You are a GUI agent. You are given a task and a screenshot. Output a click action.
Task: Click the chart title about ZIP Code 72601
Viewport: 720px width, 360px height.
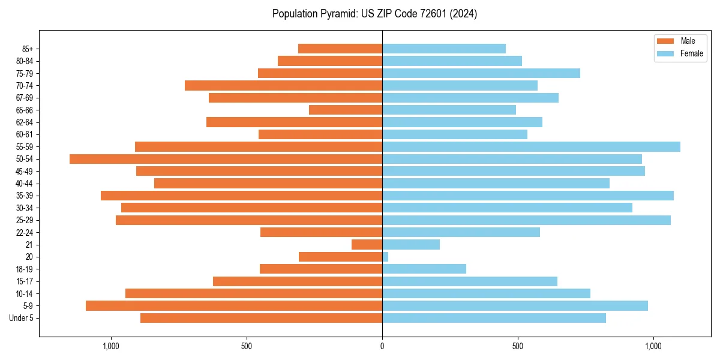[x=374, y=14]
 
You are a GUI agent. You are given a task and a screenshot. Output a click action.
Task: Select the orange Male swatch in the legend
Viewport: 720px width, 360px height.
[x=666, y=41]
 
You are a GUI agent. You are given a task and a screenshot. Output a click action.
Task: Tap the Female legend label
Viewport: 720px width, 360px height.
[x=691, y=53]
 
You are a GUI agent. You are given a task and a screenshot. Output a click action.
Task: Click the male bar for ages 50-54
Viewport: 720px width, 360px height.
[x=226, y=159]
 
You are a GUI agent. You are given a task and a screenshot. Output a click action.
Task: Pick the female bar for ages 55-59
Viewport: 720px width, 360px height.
[x=531, y=146]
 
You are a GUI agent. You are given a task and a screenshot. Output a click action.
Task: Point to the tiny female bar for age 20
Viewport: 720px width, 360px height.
[x=385, y=257]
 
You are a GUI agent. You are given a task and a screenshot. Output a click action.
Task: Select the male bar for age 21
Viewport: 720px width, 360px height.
[x=367, y=245]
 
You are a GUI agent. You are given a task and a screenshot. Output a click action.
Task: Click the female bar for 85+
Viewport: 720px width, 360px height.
[x=444, y=49]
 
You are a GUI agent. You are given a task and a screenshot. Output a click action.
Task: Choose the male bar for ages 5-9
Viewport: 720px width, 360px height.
[x=234, y=306]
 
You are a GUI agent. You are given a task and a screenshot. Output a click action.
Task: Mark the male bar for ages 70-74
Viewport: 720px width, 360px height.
[x=283, y=85]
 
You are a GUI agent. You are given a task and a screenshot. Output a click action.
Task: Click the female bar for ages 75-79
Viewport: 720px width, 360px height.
[x=481, y=73]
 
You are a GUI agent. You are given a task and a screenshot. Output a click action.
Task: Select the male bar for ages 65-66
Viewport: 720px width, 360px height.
[x=346, y=110]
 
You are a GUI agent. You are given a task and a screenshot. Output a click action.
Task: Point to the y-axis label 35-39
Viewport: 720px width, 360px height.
[x=25, y=196]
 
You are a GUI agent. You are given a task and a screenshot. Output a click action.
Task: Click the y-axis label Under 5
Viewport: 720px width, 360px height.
[x=21, y=318]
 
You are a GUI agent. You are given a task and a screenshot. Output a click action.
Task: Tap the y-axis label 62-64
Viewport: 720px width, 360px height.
[x=25, y=122]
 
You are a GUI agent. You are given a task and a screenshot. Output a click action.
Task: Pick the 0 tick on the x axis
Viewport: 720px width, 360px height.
[x=382, y=346]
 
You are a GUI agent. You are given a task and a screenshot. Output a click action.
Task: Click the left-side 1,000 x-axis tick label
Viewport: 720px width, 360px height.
[x=111, y=346]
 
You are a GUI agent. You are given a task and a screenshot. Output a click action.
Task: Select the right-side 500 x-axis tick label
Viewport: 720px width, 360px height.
[x=517, y=346]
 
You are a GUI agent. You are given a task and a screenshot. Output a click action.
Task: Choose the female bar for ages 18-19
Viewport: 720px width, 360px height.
[x=424, y=269]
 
